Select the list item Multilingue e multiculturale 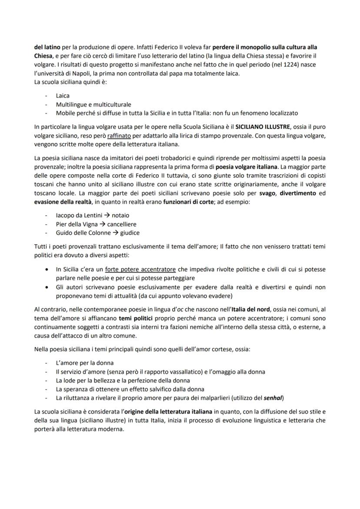click(x=93, y=104)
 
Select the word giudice click(x=130, y=233)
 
